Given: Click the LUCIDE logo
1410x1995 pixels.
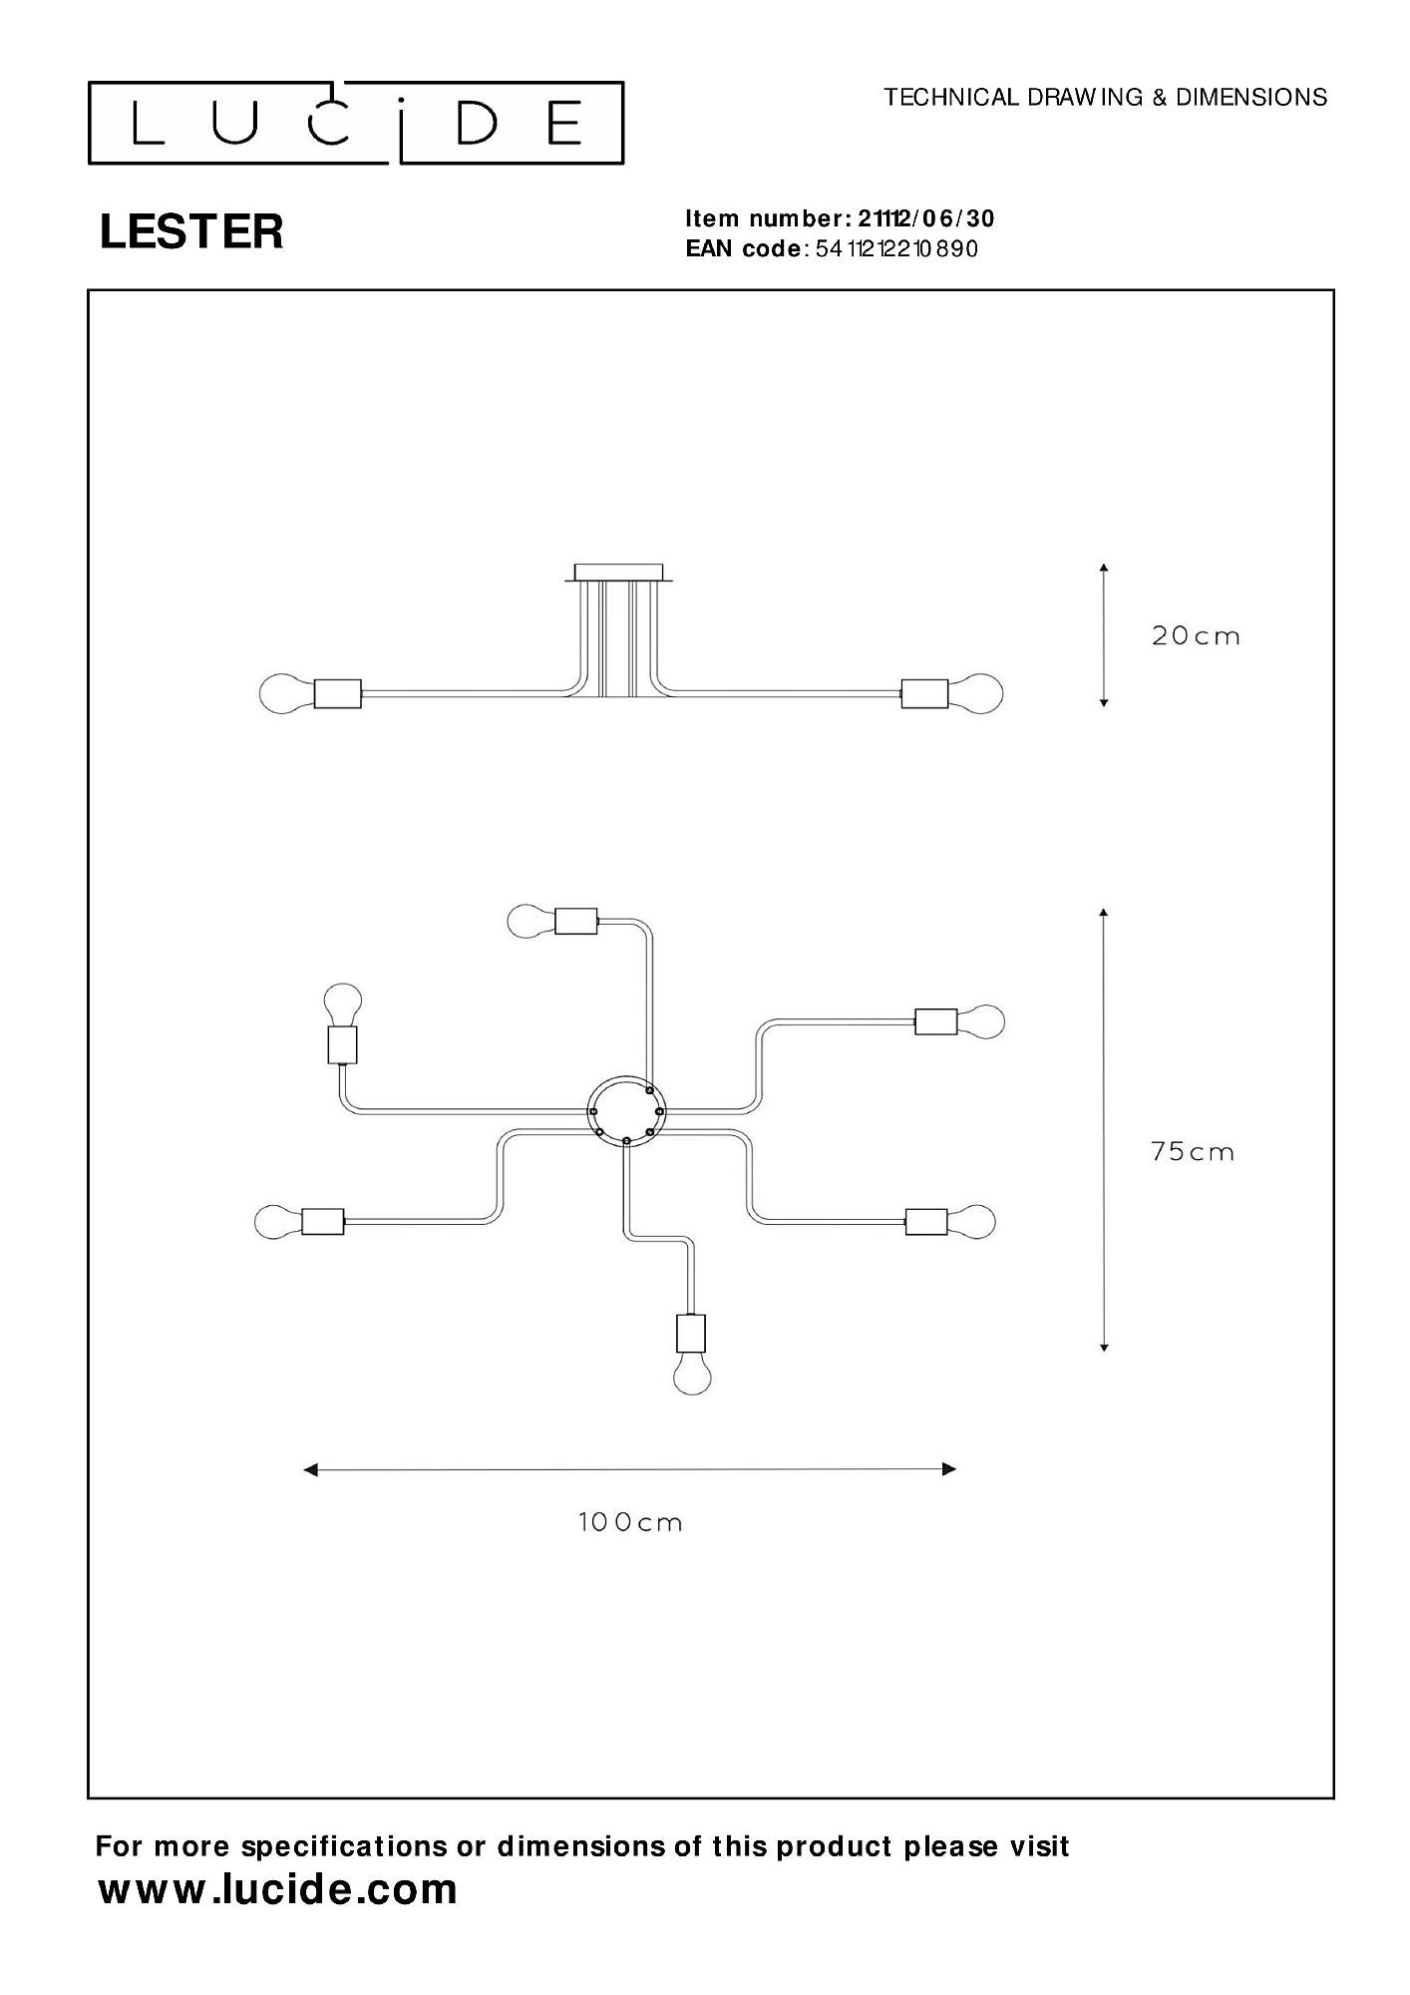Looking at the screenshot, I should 356,123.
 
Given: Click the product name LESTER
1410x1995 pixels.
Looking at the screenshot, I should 191,231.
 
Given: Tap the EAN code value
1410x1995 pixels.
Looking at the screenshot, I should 896,248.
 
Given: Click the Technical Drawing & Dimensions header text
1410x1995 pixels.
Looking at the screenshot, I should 1105,97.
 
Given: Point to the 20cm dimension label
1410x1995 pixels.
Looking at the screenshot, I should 1196,636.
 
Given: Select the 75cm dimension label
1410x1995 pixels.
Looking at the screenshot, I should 1193,1152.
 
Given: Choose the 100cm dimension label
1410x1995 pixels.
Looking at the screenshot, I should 630,1522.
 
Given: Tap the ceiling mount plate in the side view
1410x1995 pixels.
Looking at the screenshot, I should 618,573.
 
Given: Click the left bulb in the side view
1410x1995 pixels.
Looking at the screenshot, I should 283,693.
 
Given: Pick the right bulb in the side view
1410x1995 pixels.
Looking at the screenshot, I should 976,693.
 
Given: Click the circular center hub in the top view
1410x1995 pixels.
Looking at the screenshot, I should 624,1110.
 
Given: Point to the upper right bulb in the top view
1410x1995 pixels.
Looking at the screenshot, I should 981,1021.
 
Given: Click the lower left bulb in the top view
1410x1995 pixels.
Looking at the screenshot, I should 277,1221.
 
